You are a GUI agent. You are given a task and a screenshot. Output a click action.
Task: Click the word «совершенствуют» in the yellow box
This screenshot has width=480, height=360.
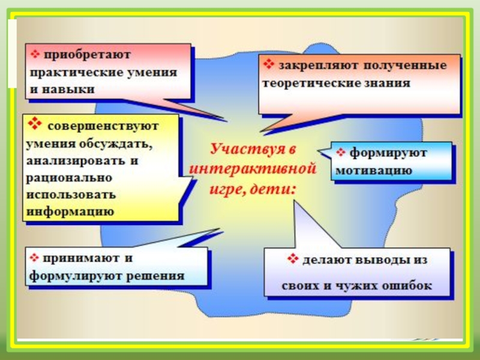(103, 127)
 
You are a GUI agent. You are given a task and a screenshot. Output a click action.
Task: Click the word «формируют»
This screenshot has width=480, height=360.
(388, 153)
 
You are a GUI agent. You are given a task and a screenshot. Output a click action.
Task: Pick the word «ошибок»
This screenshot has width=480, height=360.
(407, 285)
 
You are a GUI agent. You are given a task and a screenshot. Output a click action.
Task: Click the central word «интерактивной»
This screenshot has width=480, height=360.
(252, 167)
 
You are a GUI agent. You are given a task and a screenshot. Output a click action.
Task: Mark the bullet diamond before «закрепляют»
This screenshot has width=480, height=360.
(268, 63)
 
